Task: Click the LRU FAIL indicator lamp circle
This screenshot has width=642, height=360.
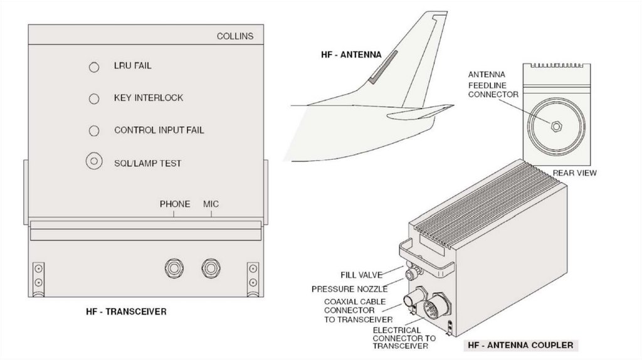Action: pyautogui.click(x=94, y=66)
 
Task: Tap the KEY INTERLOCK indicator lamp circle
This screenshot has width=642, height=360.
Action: pyautogui.click(x=94, y=98)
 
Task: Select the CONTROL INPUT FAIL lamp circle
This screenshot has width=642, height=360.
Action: pyautogui.click(x=94, y=130)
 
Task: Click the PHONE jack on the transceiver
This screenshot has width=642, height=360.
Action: pyautogui.click(x=173, y=268)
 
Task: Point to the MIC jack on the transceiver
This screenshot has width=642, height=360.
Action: pyautogui.click(x=211, y=268)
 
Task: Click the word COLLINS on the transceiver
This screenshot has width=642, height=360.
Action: pyautogui.click(x=235, y=36)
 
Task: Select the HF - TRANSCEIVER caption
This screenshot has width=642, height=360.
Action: pyautogui.click(x=126, y=311)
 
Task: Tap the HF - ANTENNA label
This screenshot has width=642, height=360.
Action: pyautogui.click(x=351, y=55)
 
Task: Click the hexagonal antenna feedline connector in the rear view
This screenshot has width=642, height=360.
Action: pyautogui.click(x=555, y=124)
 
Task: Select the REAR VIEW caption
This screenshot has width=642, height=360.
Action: pyautogui.click(x=574, y=172)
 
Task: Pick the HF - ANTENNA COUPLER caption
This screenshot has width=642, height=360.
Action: pyautogui.click(x=520, y=345)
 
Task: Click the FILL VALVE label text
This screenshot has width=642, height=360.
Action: pyautogui.click(x=360, y=274)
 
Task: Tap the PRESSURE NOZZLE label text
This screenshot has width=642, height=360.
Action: pyautogui.click(x=349, y=289)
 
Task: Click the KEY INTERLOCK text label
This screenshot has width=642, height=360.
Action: pyautogui.click(x=149, y=98)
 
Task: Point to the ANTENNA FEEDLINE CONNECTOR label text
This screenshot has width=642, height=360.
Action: pyautogui.click(x=493, y=85)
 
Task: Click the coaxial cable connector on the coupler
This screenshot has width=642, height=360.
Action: pyautogui.click(x=415, y=297)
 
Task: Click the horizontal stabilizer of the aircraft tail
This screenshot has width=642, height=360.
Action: pyautogui.click(x=417, y=113)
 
